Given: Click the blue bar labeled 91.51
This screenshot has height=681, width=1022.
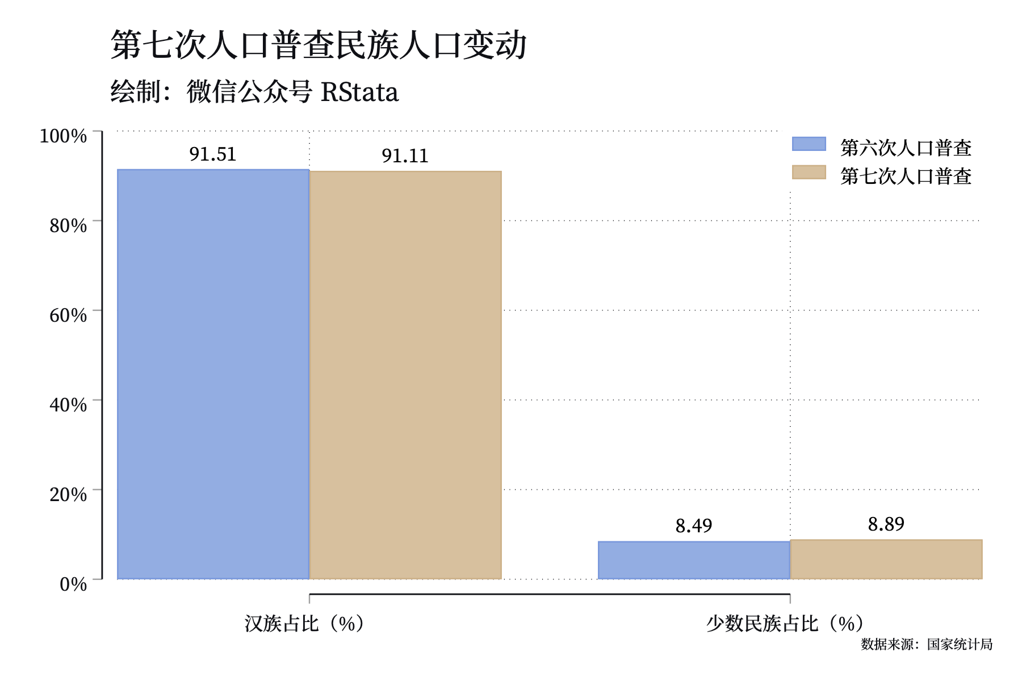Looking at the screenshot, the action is click(x=213, y=374).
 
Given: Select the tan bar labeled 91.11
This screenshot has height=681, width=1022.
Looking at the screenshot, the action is click(x=405, y=375).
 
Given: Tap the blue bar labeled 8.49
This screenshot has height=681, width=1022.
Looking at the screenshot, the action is click(x=694, y=560).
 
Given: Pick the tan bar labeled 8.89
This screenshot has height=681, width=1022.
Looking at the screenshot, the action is click(x=886, y=560).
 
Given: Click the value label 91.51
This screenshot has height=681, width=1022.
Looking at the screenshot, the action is click(x=213, y=154).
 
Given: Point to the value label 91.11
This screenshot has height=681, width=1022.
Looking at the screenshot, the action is click(x=405, y=155).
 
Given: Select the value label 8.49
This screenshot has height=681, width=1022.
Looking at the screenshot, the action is click(x=694, y=526).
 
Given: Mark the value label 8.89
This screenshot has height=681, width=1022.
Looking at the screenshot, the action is click(x=886, y=524).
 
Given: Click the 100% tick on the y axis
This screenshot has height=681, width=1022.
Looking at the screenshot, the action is click(x=63, y=136).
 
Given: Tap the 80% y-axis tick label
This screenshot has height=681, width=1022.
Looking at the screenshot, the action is click(x=68, y=225).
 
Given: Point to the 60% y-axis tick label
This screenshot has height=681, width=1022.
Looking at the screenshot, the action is click(x=68, y=315).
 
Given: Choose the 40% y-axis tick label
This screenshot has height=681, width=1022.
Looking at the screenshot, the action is click(x=68, y=405).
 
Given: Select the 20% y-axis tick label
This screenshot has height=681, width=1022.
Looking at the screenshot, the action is click(x=68, y=494).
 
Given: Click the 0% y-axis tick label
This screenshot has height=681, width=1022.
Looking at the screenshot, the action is click(x=73, y=584).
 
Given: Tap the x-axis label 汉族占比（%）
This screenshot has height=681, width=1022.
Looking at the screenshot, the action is click(x=305, y=624).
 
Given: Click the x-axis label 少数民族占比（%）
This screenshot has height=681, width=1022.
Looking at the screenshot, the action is click(x=786, y=624).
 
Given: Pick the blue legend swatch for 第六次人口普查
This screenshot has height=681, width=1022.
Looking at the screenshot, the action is click(x=809, y=144).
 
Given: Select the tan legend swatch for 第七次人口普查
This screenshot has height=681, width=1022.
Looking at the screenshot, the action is click(x=809, y=172).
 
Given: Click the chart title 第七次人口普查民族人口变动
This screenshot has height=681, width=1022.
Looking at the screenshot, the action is click(x=319, y=45).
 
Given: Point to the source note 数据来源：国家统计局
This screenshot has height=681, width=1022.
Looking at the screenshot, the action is click(x=927, y=644).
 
